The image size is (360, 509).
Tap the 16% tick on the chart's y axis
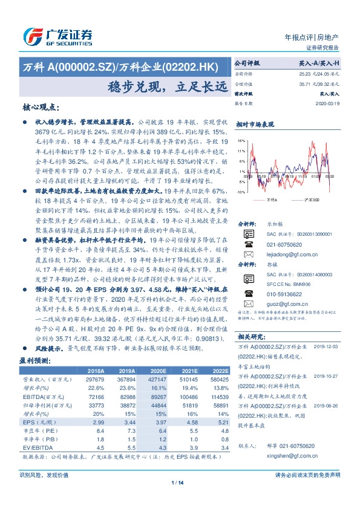click(241, 141)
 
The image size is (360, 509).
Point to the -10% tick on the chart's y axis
click(241, 192)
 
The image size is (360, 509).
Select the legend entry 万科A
click(272, 199)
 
